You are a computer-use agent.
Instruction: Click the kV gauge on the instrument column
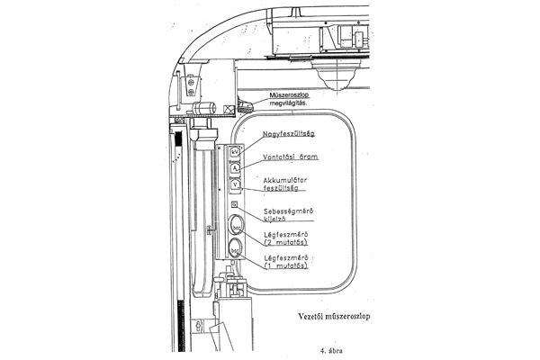click(x=234, y=152)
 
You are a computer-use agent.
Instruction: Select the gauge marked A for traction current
click(x=234, y=168)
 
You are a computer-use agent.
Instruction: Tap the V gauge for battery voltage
click(x=234, y=184)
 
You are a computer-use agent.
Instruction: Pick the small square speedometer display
click(x=234, y=204)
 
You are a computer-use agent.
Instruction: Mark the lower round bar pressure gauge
click(x=235, y=249)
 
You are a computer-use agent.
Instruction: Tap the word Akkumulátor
click(x=285, y=180)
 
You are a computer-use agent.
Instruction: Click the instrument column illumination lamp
click(x=245, y=107)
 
